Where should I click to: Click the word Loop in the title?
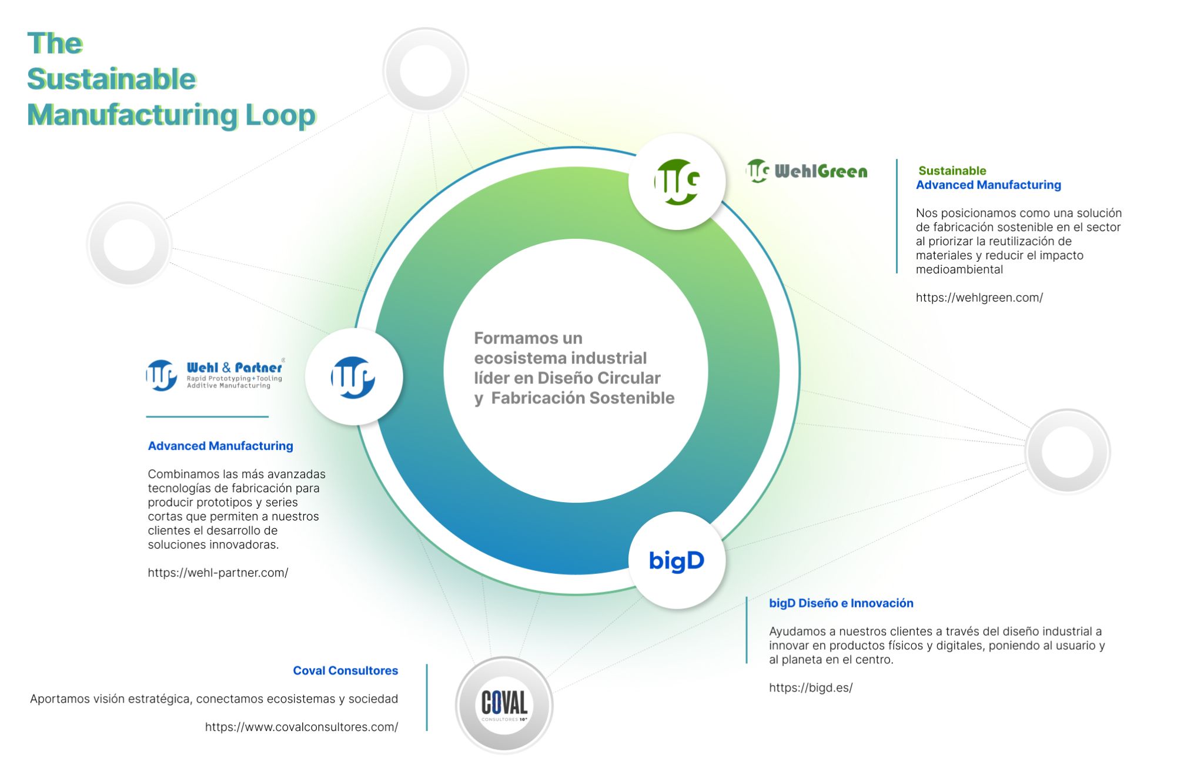pyautogui.click(x=280, y=115)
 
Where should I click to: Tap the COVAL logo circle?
pyautogui.click(x=504, y=704)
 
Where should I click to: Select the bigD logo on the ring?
pyautogui.click(x=677, y=560)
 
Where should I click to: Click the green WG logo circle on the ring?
pyautogui.click(x=677, y=181)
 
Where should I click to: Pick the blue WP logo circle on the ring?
pyautogui.click(x=353, y=377)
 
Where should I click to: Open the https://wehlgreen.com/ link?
pyautogui.click(x=979, y=298)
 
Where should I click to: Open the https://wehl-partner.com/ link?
pyautogui.click(x=218, y=573)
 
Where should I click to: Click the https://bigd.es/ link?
pyautogui.click(x=810, y=687)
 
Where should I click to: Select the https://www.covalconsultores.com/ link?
pyautogui.click(x=301, y=727)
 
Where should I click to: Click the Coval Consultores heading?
pyautogui.click(x=345, y=670)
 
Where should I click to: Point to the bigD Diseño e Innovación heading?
pyautogui.click(x=841, y=603)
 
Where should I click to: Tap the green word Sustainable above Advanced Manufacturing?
pyautogui.click(x=952, y=171)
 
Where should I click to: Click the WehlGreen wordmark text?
pyautogui.click(x=821, y=172)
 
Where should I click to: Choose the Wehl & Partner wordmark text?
pyautogui.click(x=234, y=368)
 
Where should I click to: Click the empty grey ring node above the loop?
pyautogui.click(x=425, y=71)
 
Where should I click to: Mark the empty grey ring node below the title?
pyautogui.click(x=129, y=245)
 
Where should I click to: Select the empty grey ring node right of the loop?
pyautogui.click(x=1067, y=452)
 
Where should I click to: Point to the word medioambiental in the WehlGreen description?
pyautogui.click(x=959, y=269)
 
